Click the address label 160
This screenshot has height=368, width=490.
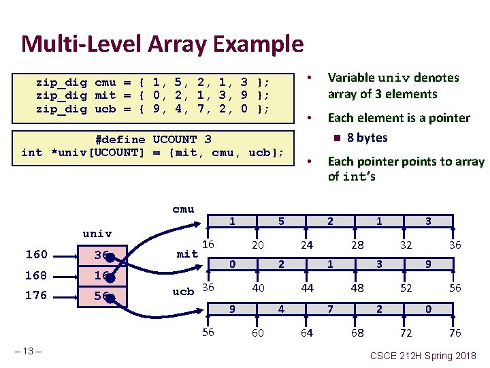click(36, 255)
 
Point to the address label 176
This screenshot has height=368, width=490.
click(36, 296)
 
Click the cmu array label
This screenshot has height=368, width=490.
click(183, 209)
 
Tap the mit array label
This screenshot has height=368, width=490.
click(187, 254)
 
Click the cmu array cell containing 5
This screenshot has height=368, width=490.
click(281, 221)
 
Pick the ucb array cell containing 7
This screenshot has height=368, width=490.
click(330, 309)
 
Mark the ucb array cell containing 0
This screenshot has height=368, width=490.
click(428, 309)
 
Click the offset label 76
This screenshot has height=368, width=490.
click(455, 333)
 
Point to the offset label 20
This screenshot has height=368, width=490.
click(258, 245)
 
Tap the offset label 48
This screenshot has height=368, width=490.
click(357, 288)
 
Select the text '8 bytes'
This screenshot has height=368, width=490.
click(367, 138)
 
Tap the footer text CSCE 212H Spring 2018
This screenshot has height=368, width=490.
click(423, 355)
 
